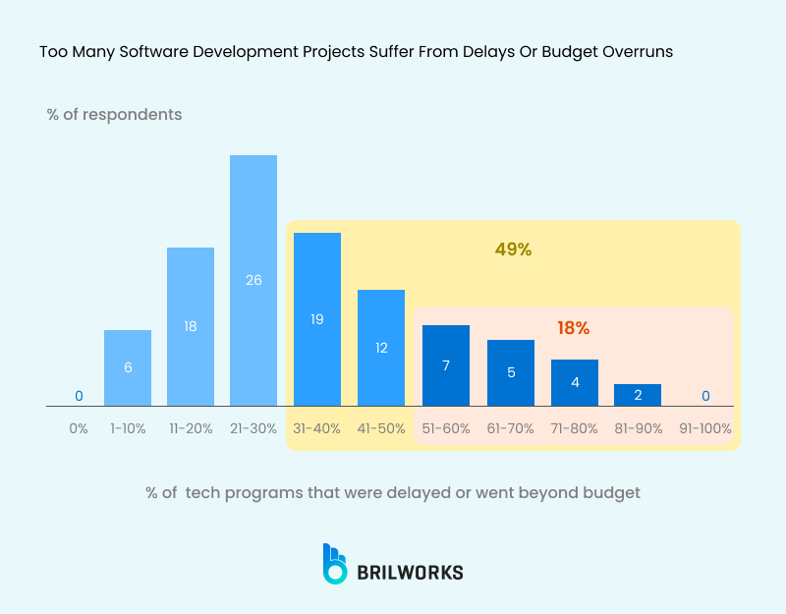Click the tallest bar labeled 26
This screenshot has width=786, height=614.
click(x=253, y=280)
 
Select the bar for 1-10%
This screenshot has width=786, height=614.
click(x=128, y=367)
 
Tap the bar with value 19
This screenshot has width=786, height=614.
click(x=317, y=319)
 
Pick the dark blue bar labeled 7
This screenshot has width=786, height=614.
click(x=446, y=365)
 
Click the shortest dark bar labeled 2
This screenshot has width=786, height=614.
click(x=638, y=395)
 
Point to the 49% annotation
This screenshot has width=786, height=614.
click(x=513, y=250)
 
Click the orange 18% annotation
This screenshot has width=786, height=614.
click(x=573, y=328)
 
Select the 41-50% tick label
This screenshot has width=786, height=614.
click(x=381, y=429)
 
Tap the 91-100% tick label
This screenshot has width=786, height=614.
click(x=705, y=429)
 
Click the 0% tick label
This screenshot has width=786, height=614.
click(x=79, y=429)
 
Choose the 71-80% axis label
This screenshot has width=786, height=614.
click(x=575, y=429)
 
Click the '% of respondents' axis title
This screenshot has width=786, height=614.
click(x=114, y=114)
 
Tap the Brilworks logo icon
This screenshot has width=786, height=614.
click(x=335, y=564)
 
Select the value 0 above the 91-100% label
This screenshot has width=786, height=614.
click(x=705, y=396)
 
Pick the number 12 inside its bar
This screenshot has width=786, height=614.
click(x=381, y=347)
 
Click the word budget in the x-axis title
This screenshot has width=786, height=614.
click(x=614, y=492)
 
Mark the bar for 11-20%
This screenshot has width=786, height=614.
click(x=191, y=326)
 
